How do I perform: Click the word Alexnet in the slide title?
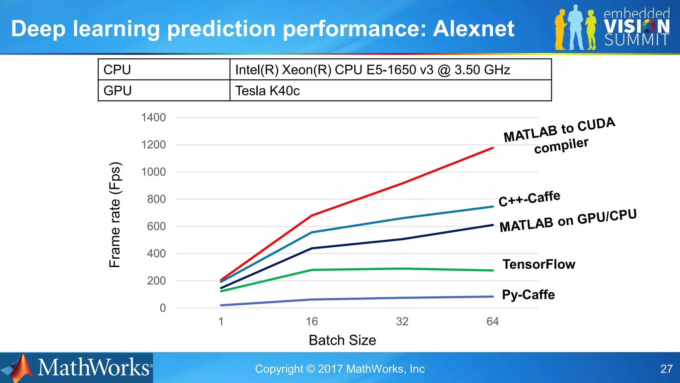click(x=473, y=29)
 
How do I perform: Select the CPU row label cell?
click(x=164, y=70)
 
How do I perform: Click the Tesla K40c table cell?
click(x=390, y=91)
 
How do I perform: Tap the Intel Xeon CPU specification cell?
click(x=390, y=70)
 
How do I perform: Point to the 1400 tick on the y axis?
click(x=153, y=118)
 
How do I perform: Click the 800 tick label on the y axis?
click(x=156, y=199)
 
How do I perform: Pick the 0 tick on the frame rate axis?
click(x=162, y=308)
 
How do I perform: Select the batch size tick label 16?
click(x=312, y=321)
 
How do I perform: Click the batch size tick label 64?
click(x=492, y=321)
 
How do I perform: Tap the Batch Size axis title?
click(x=342, y=340)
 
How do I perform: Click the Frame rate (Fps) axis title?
click(x=115, y=215)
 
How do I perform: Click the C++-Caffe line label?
click(x=529, y=198)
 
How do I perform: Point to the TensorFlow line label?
click(x=539, y=264)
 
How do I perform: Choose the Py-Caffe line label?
click(x=528, y=295)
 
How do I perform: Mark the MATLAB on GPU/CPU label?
click(x=568, y=221)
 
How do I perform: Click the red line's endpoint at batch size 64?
click(x=492, y=148)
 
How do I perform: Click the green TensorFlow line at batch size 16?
click(x=312, y=270)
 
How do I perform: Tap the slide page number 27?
click(x=666, y=369)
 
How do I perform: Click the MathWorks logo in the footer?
click(x=77, y=368)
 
